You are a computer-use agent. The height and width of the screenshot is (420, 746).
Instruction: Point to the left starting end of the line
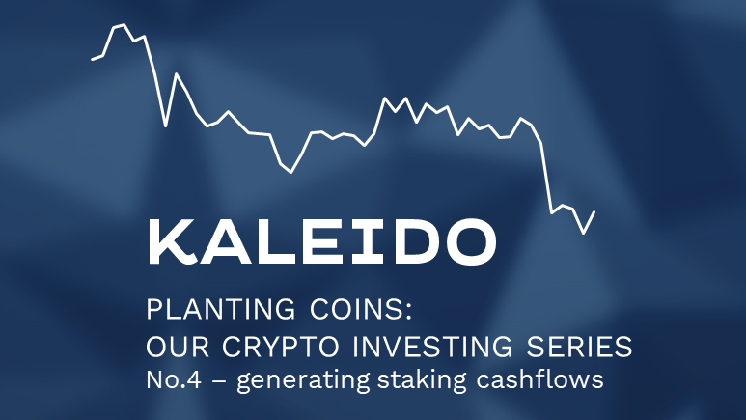pyautogui.click(x=93, y=60)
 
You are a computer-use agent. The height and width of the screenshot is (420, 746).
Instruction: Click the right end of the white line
pyautogui.click(x=594, y=210)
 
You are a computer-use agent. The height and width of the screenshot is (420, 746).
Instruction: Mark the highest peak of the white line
pyautogui.click(x=123, y=24)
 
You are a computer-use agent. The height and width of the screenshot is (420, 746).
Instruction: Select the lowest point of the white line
pyautogui.click(x=583, y=233)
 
